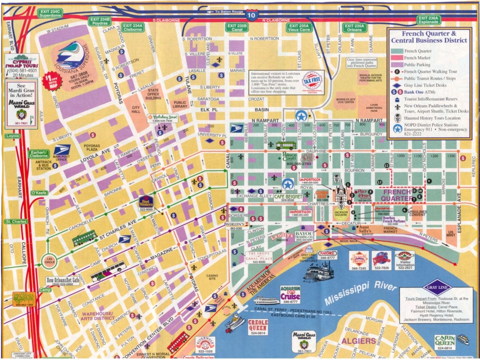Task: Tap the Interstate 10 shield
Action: point(252,15)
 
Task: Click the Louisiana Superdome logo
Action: point(71,55)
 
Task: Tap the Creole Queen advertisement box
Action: point(257,328)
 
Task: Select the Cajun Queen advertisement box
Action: point(445,342)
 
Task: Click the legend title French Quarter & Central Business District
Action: point(429,37)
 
